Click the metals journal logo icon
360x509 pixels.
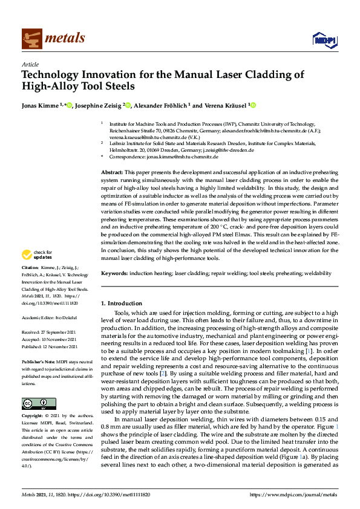tap(31, 38)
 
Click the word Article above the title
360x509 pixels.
tap(30, 64)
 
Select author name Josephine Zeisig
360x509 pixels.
tap(101, 105)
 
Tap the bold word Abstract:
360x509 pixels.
tap(111, 173)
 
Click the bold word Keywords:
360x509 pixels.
tap(114, 273)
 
